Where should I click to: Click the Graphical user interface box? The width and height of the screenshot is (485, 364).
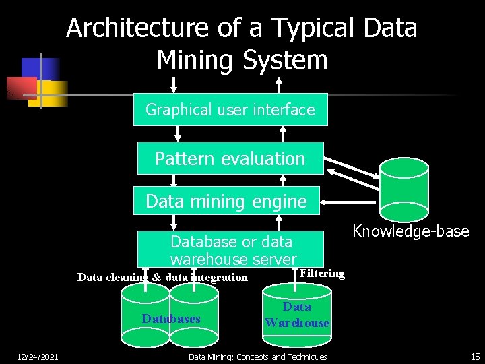point(230,109)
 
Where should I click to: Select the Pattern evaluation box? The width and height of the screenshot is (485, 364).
point(230,158)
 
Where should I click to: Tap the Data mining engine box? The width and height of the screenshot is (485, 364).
point(226,201)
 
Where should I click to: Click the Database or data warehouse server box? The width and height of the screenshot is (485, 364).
point(231,249)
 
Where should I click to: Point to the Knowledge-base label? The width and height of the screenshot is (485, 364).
point(410,231)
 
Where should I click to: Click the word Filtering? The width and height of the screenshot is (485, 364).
point(322,273)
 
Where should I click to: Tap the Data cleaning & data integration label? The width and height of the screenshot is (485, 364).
point(162,277)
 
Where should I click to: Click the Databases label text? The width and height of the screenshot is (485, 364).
point(171,318)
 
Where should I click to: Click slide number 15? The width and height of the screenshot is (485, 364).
point(475,357)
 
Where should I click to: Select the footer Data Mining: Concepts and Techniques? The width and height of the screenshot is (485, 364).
point(258,357)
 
